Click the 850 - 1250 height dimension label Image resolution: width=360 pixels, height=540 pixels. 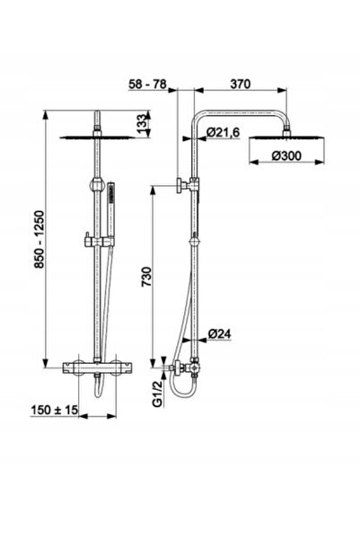pyautogui.click(x=40, y=239)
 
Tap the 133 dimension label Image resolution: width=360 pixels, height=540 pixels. pyautogui.click(x=143, y=124)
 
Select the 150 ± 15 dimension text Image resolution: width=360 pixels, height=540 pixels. pyautogui.click(x=55, y=410)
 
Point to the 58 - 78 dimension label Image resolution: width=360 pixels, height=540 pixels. pyautogui.click(x=147, y=84)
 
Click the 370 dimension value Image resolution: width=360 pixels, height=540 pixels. pyautogui.click(x=241, y=84)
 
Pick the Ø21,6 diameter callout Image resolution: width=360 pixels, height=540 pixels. pyautogui.click(x=223, y=132)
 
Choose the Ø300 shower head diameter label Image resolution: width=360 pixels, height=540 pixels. pyautogui.click(x=286, y=155)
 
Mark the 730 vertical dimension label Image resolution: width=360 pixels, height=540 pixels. pyautogui.click(x=146, y=277)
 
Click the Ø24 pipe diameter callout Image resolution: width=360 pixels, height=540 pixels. pyautogui.click(x=220, y=333)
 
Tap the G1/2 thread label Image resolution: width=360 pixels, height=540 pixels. pyautogui.click(x=158, y=397)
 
